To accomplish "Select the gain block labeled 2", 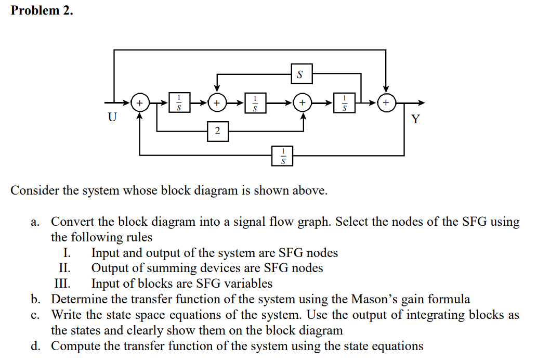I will click(x=217, y=131).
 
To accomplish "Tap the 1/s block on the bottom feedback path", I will click(x=283, y=156).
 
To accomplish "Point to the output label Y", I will click(x=414, y=120).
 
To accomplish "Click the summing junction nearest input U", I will click(x=139, y=102).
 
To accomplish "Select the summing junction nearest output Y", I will click(x=386, y=102).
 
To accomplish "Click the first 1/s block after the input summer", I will click(x=179, y=102).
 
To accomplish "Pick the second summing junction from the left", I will click(x=217, y=102).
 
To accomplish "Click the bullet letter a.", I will click(x=34, y=222).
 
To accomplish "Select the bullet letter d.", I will click(x=34, y=346).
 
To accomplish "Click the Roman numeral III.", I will click(x=62, y=284).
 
